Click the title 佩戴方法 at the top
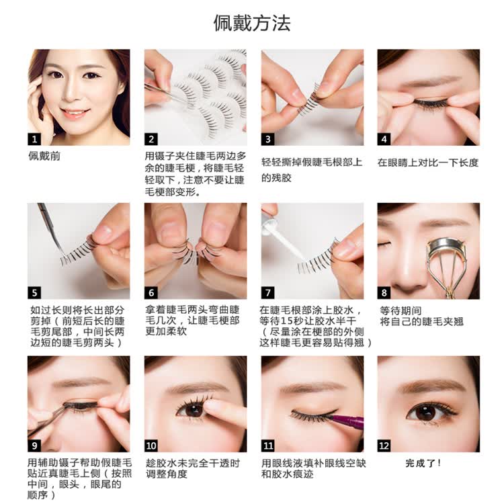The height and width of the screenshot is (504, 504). coord(252,23)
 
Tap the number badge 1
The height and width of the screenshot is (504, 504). coord(34,139)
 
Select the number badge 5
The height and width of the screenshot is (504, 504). coord(34,293)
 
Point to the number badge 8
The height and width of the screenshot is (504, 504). coord(384,293)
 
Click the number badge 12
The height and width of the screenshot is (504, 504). coord(384,446)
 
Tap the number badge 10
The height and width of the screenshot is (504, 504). coord(151,446)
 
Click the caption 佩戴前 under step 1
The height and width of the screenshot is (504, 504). coord(44,156)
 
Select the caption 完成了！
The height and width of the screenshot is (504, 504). coord(423,463)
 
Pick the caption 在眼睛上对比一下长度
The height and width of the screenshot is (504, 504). coord(428,163)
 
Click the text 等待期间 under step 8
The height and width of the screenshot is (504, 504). coord(401,311)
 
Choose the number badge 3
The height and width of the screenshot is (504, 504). coord(267,139)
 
